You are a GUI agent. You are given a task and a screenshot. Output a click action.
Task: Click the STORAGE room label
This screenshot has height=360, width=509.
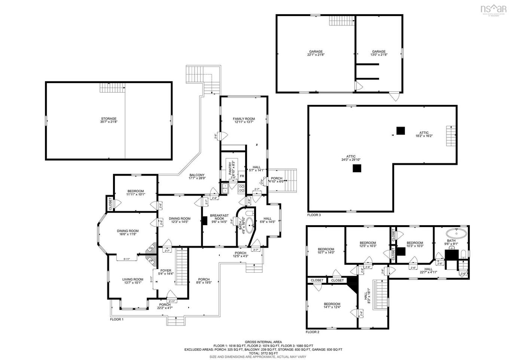click(x=108, y=119)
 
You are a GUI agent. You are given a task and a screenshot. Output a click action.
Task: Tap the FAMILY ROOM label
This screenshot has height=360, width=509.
click(x=244, y=119)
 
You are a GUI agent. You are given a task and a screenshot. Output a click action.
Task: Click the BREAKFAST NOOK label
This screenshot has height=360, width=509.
click(x=219, y=217)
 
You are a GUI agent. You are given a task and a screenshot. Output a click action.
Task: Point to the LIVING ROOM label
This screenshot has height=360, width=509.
click(x=133, y=279)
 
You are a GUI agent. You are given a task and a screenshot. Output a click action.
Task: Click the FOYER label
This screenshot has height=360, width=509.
click(x=166, y=270)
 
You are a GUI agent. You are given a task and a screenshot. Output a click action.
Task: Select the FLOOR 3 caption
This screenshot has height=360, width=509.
click(x=314, y=215)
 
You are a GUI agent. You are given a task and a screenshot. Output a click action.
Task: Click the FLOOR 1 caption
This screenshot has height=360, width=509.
click(x=116, y=320)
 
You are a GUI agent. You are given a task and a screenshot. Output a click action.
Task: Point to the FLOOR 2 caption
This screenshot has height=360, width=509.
click(x=313, y=332)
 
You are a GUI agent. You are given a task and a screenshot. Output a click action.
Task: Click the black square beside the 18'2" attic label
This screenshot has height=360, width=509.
click(x=401, y=131)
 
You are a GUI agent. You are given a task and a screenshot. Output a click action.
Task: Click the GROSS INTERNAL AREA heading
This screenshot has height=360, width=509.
click(x=263, y=342)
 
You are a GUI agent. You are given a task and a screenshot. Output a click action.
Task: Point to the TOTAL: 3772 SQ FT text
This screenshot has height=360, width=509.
click(x=263, y=353)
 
